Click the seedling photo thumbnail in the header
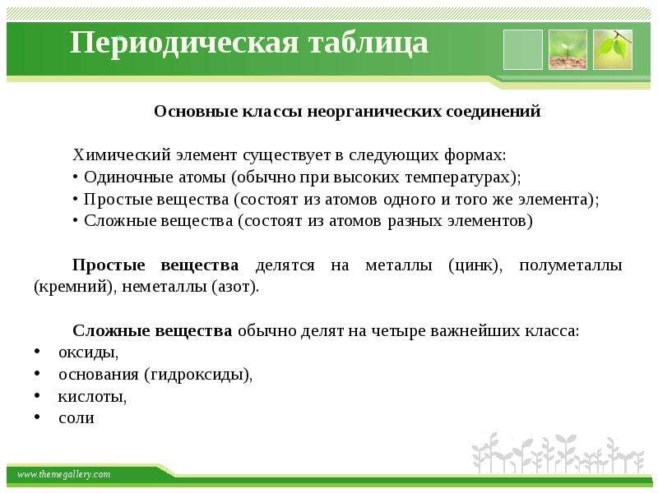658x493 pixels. click(568, 49)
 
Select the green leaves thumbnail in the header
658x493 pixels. click(613, 49)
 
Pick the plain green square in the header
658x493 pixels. click(523, 49)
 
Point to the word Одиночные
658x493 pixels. click(128, 177)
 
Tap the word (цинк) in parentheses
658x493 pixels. click(475, 265)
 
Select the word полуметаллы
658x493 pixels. click(571, 265)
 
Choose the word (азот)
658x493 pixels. click(235, 287)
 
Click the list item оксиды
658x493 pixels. click(88, 352)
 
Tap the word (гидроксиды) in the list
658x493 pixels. click(198, 375)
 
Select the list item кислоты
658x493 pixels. click(92, 396)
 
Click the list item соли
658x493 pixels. click(76, 418)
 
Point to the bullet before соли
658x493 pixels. click(37, 417)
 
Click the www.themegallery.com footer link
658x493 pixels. click(63, 475)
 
